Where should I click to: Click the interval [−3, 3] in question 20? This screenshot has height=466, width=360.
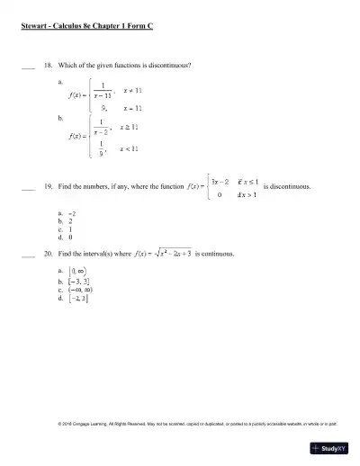76,281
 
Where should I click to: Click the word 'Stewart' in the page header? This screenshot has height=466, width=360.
33,27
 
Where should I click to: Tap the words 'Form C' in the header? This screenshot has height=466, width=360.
140,27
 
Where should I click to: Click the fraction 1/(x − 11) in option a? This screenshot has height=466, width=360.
103,92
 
